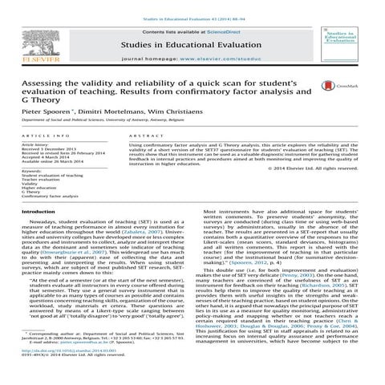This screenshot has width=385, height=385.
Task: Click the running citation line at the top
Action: coord(192,5)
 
